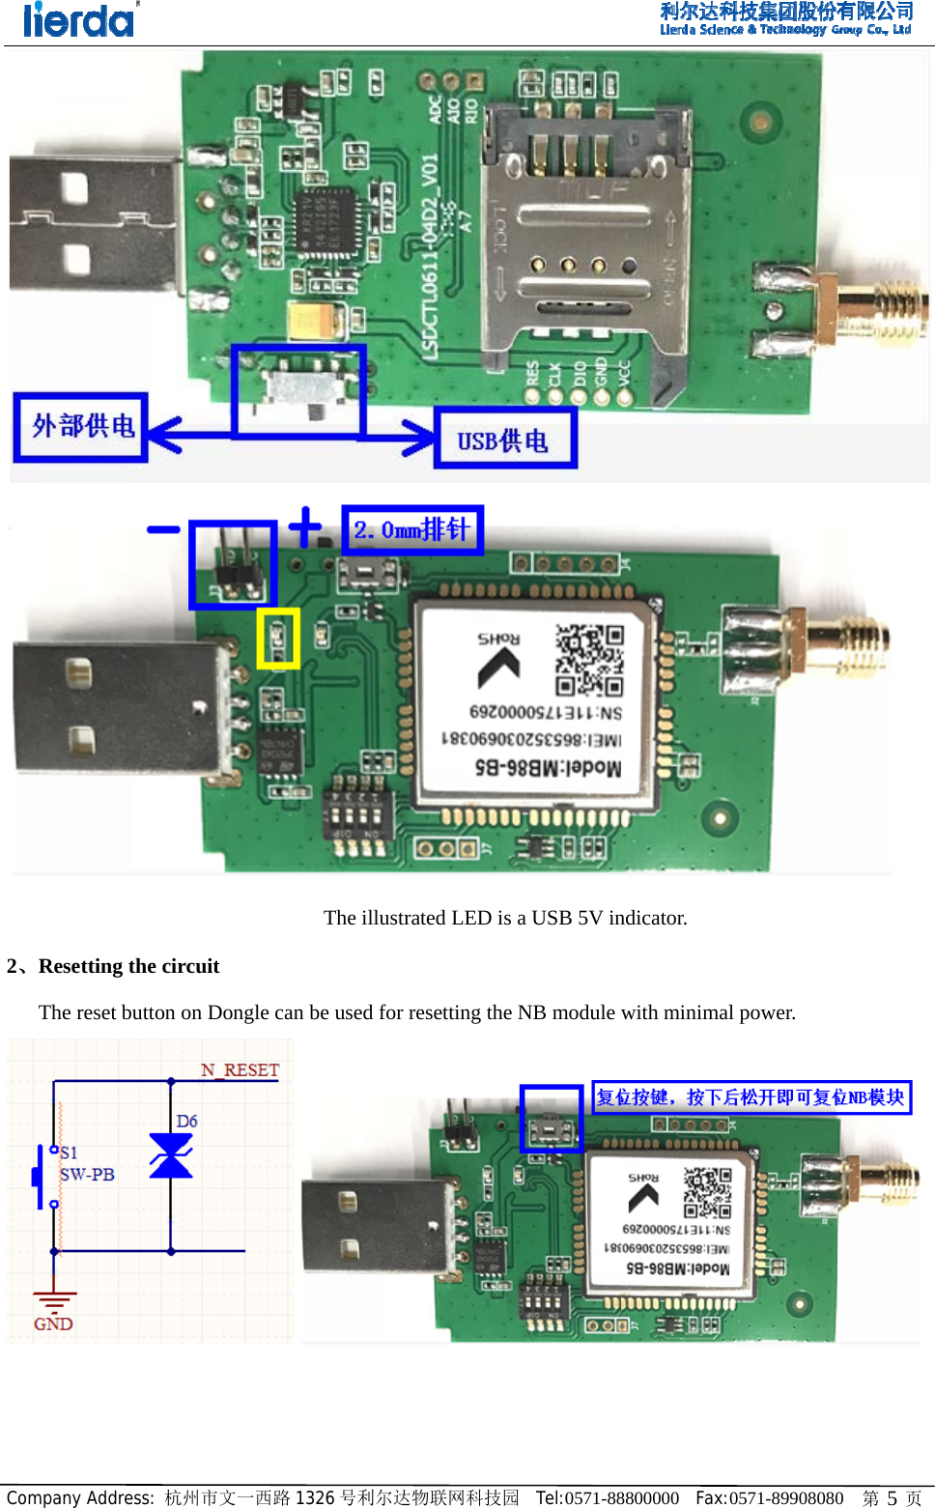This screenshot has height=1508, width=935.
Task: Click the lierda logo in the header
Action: [79, 20]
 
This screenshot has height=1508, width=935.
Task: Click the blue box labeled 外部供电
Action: [81, 426]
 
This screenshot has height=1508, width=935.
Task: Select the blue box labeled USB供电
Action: [505, 440]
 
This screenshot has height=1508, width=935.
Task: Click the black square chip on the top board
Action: [326, 222]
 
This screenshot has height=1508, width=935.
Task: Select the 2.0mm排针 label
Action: [412, 529]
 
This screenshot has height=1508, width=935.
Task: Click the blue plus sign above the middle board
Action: [304, 526]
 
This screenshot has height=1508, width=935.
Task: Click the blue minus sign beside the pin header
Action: [163, 528]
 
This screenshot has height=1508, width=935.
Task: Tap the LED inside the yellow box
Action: [278, 639]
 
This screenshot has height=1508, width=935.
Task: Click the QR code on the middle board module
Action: [589, 660]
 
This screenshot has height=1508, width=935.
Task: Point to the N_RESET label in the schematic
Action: [240, 1069]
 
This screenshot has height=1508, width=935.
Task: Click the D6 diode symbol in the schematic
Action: [171, 1156]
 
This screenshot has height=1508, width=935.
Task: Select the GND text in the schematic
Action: [53, 1323]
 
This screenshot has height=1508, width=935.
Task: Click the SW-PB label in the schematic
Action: [87, 1175]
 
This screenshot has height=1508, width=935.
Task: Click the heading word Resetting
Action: [81, 966]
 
